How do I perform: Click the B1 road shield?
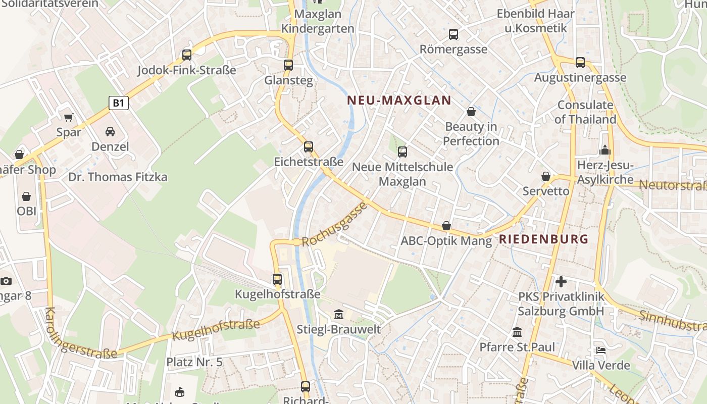pyautogui.click(x=118, y=103)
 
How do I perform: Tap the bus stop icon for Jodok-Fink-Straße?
pyautogui.click(x=187, y=55)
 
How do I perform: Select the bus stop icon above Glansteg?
pyautogui.click(x=288, y=65)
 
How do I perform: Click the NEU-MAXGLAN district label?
pyautogui.click(x=399, y=100)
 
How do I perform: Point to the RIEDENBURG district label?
pyautogui.click(x=544, y=239)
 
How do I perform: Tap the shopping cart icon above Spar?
pyautogui.click(x=69, y=118)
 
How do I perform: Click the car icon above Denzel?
pyautogui.click(x=110, y=132)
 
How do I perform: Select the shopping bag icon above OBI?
pyautogui.click(x=26, y=196)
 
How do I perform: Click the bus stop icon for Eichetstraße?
pyautogui.click(x=309, y=147)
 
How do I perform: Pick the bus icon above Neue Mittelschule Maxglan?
pyautogui.click(x=402, y=151)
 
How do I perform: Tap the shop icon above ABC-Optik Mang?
pyautogui.click(x=446, y=226)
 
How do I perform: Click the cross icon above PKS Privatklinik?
pyautogui.click(x=561, y=281)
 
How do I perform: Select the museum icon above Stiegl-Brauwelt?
pyautogui.click(x=339, y=315)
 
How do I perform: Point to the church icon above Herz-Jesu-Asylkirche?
pyautogui.click(x=604, y=150)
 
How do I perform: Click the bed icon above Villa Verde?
pyautogui.click(x=601, y=350)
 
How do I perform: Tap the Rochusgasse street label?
pyautogui.click(x=334, y=224)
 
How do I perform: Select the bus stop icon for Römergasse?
pyautogui.click(x=453, y=34)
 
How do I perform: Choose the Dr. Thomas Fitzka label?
pyautogui.click(x=118, y=177)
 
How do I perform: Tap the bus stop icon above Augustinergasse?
pyautogui.click(x=580, y=63)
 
